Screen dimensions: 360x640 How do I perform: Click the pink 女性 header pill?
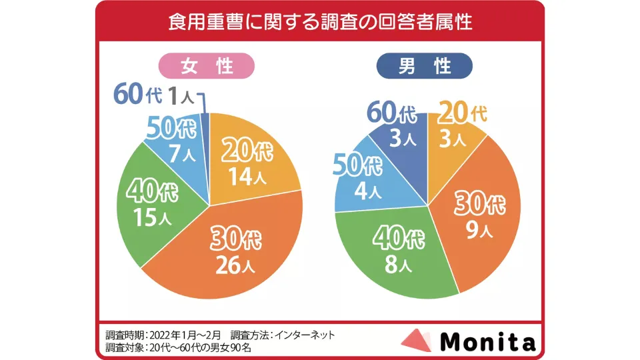(207, 67)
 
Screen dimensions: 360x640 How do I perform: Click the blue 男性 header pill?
(425, 67)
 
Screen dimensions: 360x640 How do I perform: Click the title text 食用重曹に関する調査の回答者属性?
(320, 22)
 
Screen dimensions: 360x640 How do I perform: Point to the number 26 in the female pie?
(227, 266)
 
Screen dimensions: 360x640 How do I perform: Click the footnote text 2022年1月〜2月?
(184, 335)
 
